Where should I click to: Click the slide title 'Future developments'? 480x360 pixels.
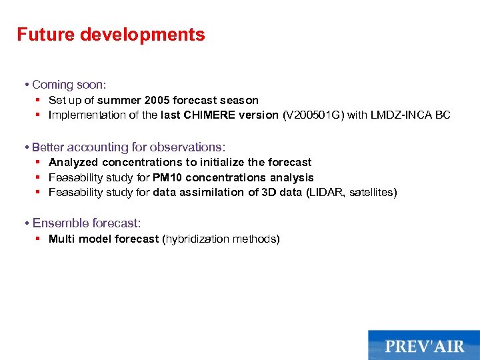[111, 35]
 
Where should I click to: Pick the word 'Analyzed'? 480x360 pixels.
[73, 163]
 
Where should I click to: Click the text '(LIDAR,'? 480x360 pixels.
[325, 193]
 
